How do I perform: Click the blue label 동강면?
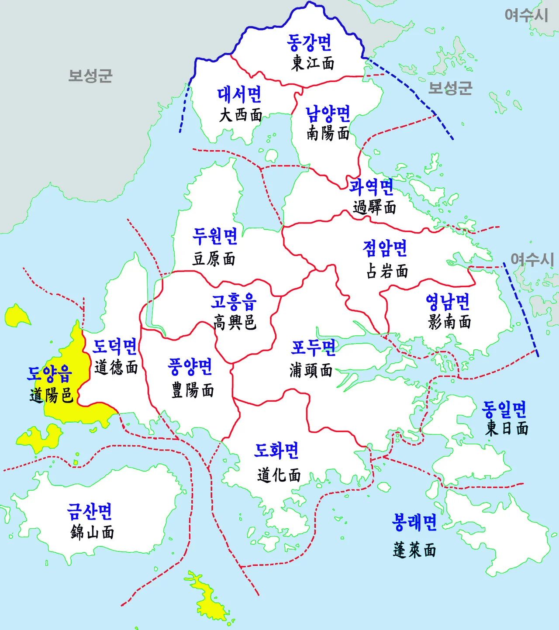click(x=309, y=42)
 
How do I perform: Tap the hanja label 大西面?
click(x=241, y=115)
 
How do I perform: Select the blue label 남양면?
click(x=328, y=114)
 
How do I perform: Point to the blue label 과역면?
click(x=371, y=187)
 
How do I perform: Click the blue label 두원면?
click(x=215, y=236)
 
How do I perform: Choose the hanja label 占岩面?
click(x=387, y=271)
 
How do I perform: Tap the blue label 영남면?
click(x=448, y=301)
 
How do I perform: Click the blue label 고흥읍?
click(x=234, y=301)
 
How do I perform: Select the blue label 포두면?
click(x=313, y=348)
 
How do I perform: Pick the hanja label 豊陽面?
click(x=193, y=390)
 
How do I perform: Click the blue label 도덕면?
click(x=115, y=346)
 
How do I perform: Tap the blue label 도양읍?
click(x=50, y=374)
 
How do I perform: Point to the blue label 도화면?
click(x=276, y=451)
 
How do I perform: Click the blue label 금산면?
click(x=90, y=511)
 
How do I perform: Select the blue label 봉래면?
click(x=414, y=522)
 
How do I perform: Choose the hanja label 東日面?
click(x=507, y=428)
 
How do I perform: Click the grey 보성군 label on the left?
click(x=90, y=76)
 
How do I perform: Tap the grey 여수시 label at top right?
click(x=526, y=15)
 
